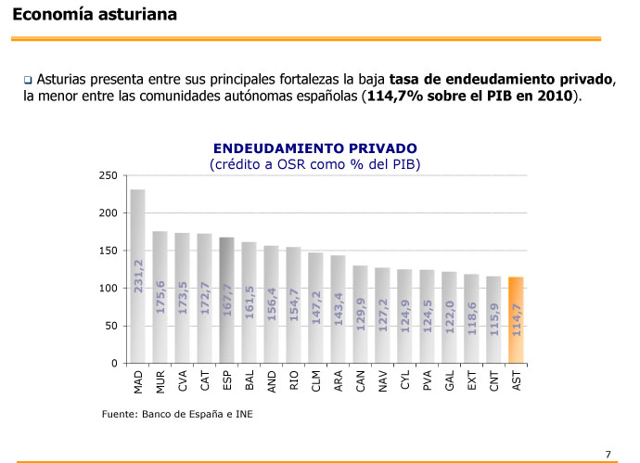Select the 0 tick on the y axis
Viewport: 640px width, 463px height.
pos(113,364)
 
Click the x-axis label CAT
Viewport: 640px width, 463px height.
pos(204,380)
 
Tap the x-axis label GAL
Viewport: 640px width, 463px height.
pos(450,380)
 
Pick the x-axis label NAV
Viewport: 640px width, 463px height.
pos(383,380)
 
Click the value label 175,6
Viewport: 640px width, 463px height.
pos(160,298)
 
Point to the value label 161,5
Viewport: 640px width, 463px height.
pos(250,302)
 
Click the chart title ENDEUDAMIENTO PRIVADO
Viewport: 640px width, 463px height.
pos(315,148)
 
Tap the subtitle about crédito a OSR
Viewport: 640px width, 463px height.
pos(315,164)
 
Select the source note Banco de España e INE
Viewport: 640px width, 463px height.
pos(176,414)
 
